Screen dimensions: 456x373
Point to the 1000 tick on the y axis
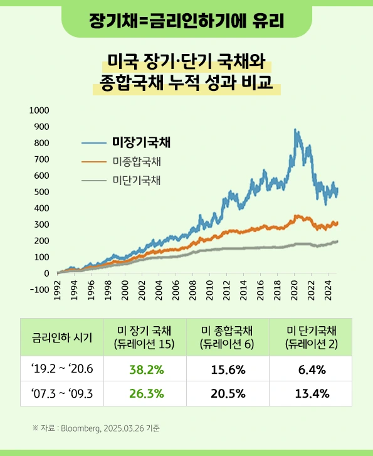coord(39,110)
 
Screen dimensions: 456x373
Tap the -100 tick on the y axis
coord(39,290)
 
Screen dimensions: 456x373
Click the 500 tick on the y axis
coord(41,192)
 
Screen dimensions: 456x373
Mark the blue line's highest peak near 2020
coord(295,130)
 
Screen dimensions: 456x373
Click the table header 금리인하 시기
coord(62,337)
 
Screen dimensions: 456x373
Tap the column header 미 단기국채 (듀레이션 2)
coord(311,337)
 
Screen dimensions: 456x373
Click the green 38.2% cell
coord(147,369)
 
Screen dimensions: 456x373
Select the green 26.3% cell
coord(147,394)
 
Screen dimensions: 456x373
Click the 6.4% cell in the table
coord(311,369)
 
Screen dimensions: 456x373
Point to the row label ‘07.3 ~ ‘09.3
coord(62,394)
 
